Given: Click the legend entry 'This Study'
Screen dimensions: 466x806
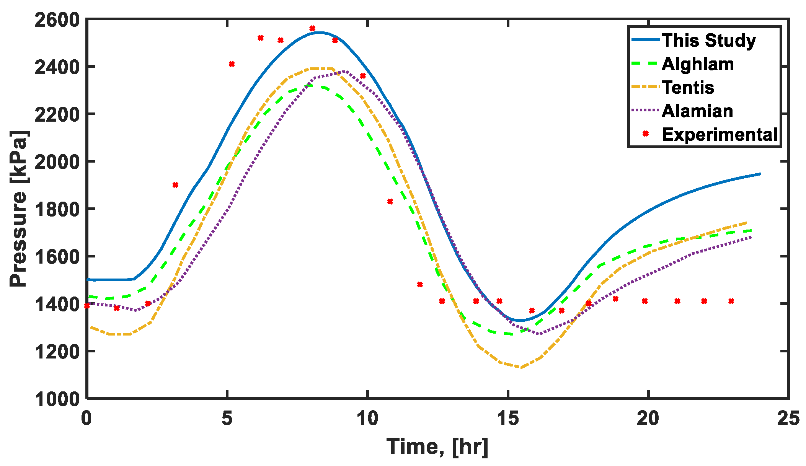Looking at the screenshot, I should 709,41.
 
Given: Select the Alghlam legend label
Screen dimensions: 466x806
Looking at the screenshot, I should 698,64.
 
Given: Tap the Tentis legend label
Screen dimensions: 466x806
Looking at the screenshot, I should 688,88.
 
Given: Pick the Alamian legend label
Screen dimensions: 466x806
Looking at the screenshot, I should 697,111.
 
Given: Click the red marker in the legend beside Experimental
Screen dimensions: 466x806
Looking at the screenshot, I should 646,134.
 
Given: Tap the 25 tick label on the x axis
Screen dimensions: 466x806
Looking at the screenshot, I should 788,418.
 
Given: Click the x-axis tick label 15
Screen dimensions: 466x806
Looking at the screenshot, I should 507,418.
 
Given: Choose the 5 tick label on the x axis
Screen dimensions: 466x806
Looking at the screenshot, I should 227,418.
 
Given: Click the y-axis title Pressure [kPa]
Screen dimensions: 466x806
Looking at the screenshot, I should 18,209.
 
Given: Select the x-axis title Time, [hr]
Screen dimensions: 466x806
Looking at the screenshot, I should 437,446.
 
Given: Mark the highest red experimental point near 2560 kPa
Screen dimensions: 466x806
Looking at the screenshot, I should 312,29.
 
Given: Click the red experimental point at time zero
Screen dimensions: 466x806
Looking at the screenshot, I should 87,306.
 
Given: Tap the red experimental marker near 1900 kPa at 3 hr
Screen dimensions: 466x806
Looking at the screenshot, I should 175,185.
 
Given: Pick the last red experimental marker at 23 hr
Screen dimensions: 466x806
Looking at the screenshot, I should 731,301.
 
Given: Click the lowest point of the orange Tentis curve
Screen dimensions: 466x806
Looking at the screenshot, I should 520,367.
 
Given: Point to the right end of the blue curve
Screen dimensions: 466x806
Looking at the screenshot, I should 760,174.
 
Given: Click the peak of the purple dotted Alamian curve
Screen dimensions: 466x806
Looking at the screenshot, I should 346,71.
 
